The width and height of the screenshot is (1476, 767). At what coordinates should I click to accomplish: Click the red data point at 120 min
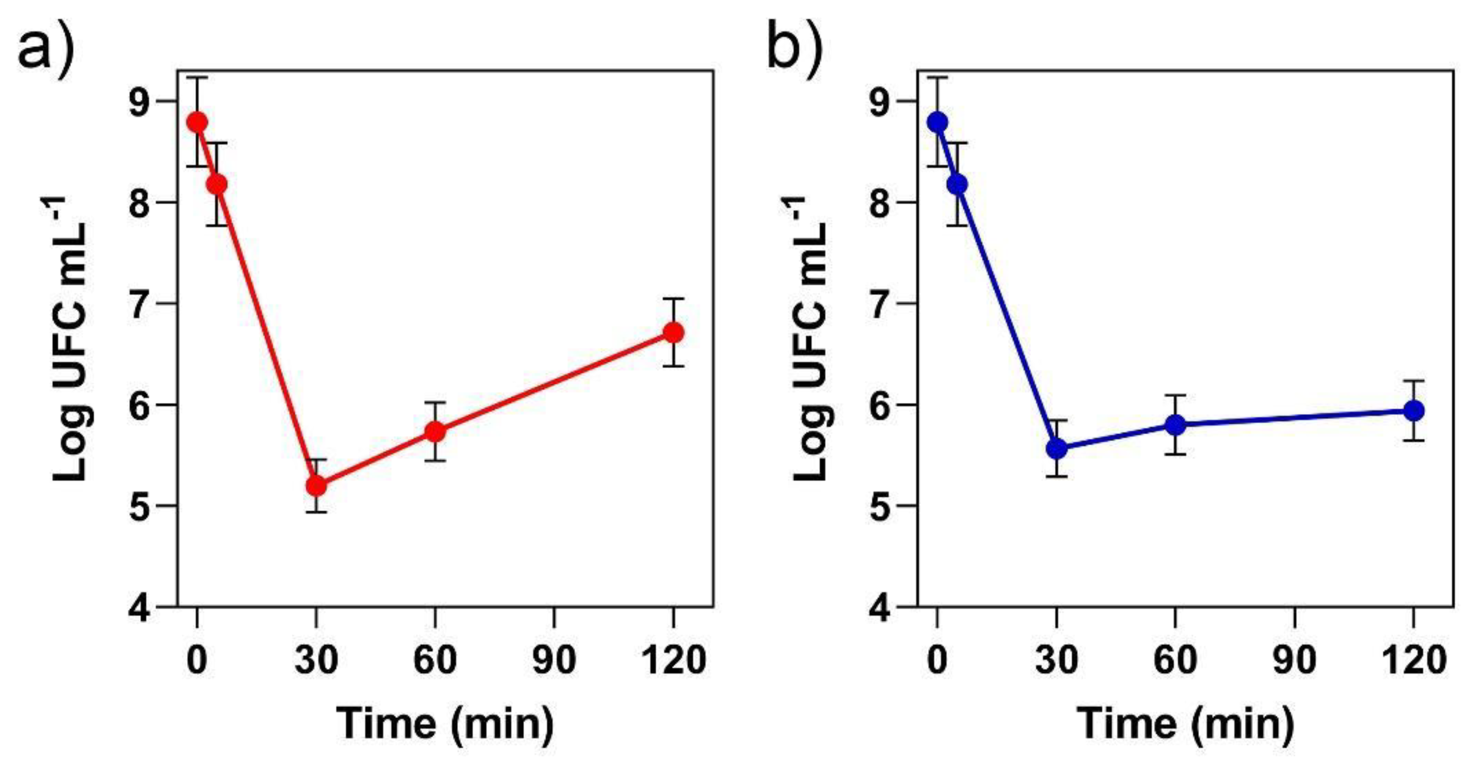click(x=673, y=333)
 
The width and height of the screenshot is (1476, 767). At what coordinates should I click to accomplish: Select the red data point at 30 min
click(x=316, y=486)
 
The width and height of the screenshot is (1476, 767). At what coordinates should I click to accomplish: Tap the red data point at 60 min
click(x=435, y=431)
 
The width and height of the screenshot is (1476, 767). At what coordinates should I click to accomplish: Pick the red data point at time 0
click(x=197, y=122)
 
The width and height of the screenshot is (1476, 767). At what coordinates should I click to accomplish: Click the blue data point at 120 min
click(x=1413, y=410)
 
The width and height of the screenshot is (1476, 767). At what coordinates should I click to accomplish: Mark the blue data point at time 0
click(x=937, y=122)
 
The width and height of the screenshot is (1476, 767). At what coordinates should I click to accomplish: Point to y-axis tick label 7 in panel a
click(x=140, y=304)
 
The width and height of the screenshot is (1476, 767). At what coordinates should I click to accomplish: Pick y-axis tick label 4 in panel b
click(x=881, y=607)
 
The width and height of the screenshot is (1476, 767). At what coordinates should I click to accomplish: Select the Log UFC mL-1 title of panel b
click(x=811, y=338)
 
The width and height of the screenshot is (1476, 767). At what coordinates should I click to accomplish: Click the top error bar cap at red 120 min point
click(x=673, y=299)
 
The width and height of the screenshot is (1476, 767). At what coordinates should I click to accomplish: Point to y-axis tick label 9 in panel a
click(x=140, y=101)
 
